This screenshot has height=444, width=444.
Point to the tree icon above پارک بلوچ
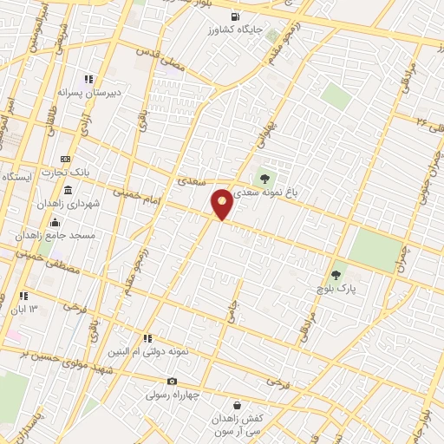336,274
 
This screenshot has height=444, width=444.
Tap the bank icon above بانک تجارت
66,160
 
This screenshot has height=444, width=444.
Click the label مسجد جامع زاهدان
68,235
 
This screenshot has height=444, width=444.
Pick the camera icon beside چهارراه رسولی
172,382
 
